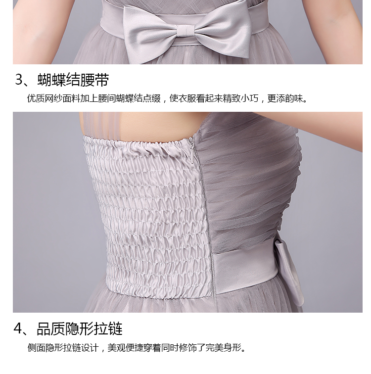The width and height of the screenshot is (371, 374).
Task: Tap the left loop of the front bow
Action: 151,31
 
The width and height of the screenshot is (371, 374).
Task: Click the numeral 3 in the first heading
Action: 19,80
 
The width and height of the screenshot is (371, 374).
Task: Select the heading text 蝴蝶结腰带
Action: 73,80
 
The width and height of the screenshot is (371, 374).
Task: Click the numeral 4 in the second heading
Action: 18,328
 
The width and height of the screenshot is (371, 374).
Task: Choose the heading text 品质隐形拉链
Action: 80,328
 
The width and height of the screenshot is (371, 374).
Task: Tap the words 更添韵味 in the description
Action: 285,98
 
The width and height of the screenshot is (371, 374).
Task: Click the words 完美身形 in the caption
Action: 223,348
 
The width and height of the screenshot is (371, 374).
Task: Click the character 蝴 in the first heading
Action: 45,80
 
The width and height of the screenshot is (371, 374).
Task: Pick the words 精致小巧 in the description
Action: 240,98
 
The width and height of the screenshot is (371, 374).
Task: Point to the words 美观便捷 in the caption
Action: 125,348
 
